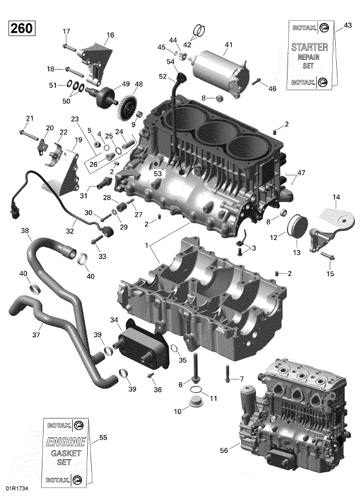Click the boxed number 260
tap(21, 28)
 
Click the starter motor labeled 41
tap(221, 63)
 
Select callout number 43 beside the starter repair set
tap(348, 25)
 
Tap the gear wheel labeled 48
tap(131, 104)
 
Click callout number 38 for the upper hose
tap(24, 230)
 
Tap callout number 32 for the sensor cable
tap(70, 231)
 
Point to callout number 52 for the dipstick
tap(162, 76)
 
